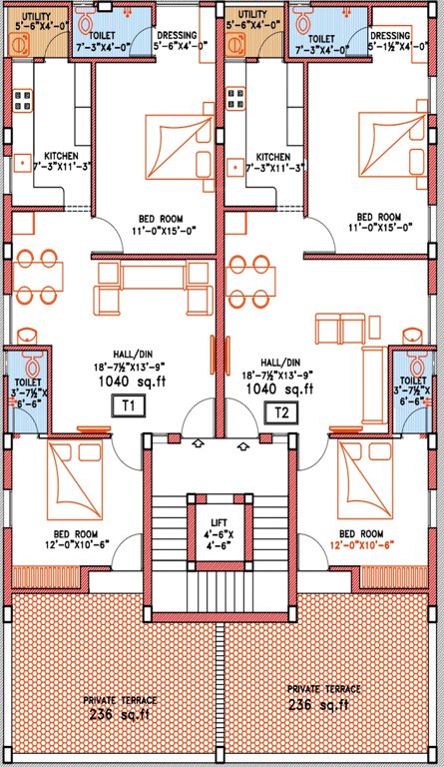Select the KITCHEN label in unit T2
272,158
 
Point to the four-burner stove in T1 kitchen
21,99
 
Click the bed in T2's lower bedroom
365,470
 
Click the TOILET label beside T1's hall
25,381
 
